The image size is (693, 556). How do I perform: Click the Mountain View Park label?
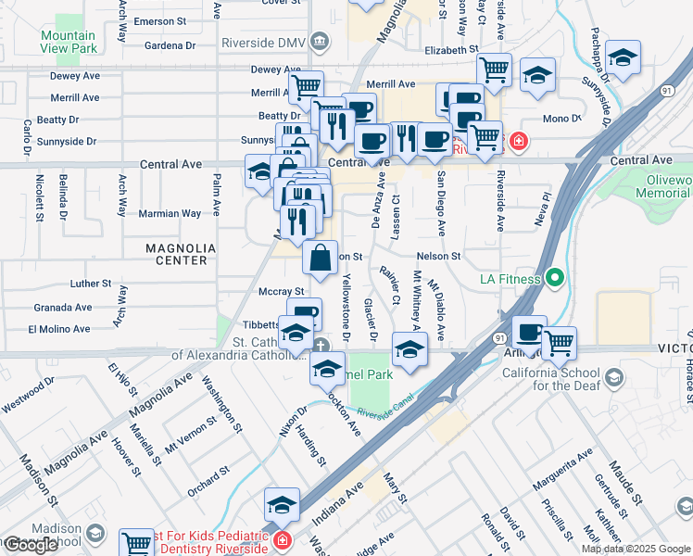(68, 42)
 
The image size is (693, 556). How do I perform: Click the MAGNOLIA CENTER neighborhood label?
(181, 255)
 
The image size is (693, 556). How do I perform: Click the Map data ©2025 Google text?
(636, 549)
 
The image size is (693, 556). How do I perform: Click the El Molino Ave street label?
(60, 329)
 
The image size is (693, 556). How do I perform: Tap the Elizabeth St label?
(452, 51)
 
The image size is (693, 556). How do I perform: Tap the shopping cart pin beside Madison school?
(136, 542)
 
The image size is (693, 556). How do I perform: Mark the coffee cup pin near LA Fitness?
(529, 331)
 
